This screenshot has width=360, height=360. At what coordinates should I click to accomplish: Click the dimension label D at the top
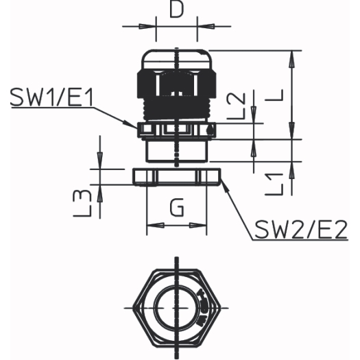[x=176, y=10]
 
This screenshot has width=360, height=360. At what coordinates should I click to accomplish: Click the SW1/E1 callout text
[x=52, y=97]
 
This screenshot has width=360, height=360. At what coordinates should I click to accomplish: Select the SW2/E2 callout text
[x=301, y=230]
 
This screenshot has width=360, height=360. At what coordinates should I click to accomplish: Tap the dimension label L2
[x=237, y=106]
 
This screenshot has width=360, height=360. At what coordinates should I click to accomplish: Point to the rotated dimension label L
[x=274, y=95]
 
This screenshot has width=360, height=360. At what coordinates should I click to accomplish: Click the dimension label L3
[x=82, y=204]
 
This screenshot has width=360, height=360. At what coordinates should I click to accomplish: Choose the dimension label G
[x=177, y=207]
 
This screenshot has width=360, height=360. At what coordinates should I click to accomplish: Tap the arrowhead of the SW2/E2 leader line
[x=225, y=186]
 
